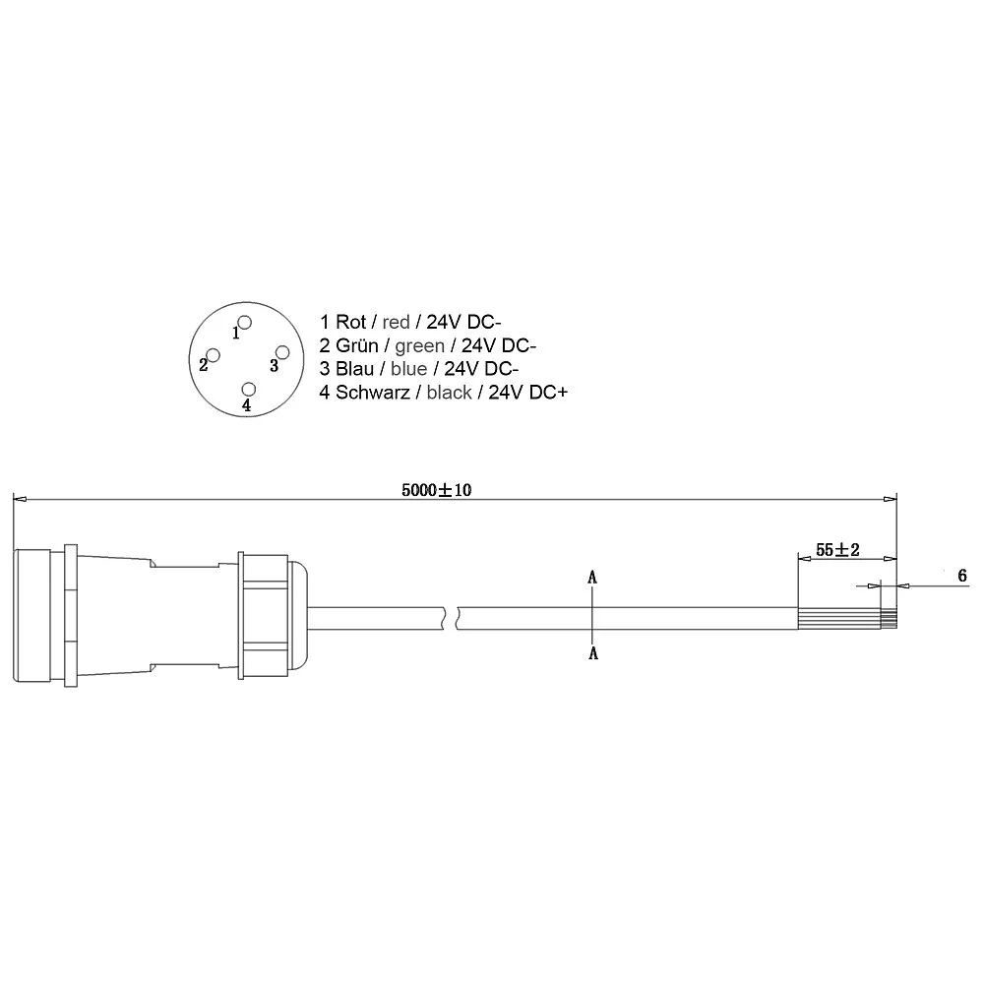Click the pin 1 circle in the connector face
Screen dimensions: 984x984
[245, 323]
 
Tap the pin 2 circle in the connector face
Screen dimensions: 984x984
[214, 356]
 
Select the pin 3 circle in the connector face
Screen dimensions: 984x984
[282, 352]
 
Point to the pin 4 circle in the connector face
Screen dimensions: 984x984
[249, 389]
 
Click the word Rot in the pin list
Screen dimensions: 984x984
[351, 322]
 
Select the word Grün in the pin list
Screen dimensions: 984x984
[357, 345]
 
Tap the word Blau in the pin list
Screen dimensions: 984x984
[354, 368]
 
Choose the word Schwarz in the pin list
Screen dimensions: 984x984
[373, 393]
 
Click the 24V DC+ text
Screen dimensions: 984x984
[527, 393]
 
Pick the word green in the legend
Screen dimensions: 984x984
[419, 345]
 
